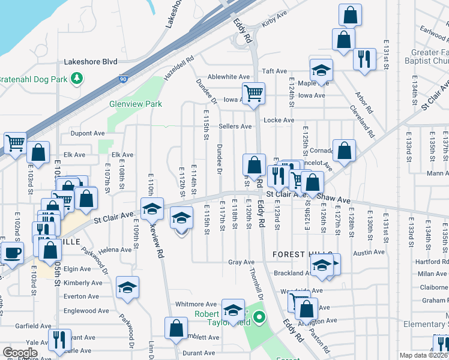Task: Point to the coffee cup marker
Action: click(x=13, y=253)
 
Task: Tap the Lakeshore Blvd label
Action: click(x=90, y=61)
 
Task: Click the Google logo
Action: click(x=20, y=353)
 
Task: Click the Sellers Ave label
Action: click(x=235, y=127)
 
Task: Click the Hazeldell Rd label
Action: click(x=179, y=68)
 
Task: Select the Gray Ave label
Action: click(x=242, y=262)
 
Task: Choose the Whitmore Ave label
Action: click(x=196, y=304)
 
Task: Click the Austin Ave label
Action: click(x=369, y=253)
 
